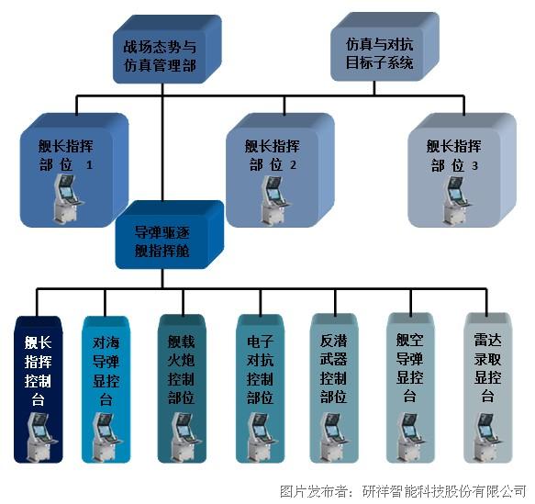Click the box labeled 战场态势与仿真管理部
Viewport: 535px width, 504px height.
[167, 50]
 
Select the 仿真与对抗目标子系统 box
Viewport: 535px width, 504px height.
[385, 47]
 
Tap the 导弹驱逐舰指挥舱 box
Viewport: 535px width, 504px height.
[170, 234]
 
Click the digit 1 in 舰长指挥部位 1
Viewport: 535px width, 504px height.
[89, 165]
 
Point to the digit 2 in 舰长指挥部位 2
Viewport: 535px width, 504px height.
[293, 165]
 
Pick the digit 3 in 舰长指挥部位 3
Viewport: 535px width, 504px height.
[474, 166]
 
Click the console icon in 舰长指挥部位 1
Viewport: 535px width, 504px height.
[68, 198]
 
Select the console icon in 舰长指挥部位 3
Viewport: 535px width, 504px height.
[456, 200]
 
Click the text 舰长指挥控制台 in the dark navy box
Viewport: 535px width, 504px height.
[38, 371]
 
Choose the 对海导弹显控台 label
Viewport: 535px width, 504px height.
[106, 371]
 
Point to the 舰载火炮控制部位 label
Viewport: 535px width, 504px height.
[181, 370]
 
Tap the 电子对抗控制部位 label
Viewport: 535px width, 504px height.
[260, 370]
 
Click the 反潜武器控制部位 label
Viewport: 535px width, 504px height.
[333, 369]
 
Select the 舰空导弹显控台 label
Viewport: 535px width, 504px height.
[409, 368]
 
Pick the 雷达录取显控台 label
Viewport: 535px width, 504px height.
[487, 368]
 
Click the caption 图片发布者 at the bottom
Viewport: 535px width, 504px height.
[312, 491]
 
